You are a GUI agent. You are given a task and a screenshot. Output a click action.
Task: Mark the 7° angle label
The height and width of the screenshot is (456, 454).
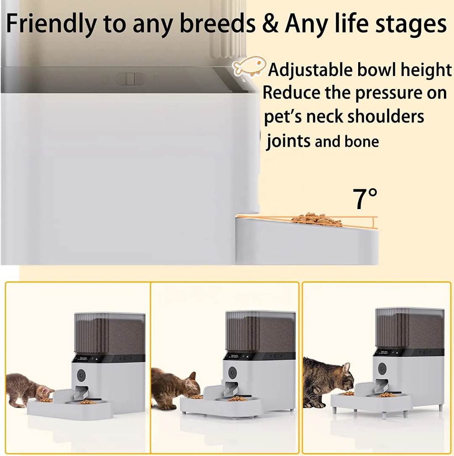tap(364, 199)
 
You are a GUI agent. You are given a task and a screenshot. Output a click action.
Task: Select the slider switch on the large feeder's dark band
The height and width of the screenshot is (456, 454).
tap(130, 79)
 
